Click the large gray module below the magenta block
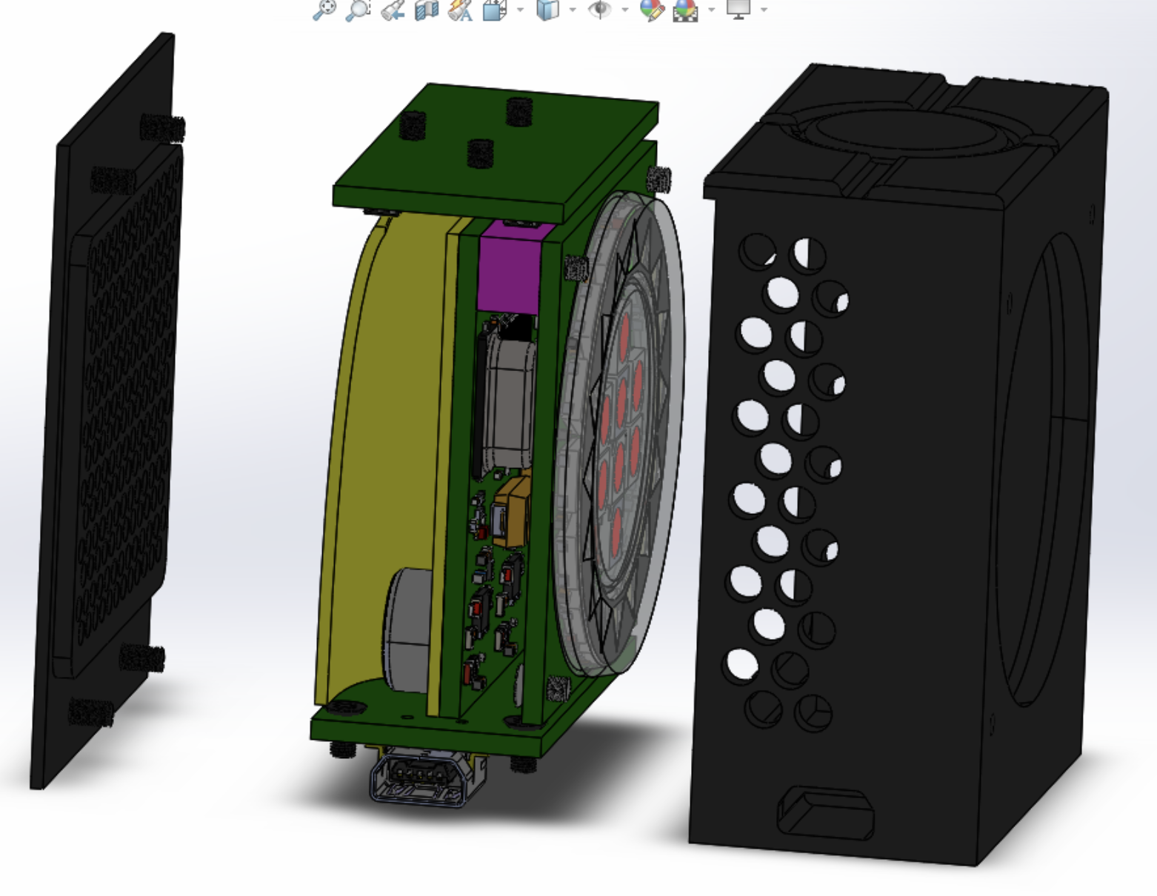508,400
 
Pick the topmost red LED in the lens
626,330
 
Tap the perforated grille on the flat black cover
126,400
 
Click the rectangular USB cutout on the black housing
824,813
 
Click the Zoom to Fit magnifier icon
324,10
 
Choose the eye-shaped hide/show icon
599,10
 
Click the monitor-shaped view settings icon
738,10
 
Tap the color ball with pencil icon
652,10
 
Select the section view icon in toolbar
426,10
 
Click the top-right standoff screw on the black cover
163,128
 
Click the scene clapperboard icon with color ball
685,10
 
